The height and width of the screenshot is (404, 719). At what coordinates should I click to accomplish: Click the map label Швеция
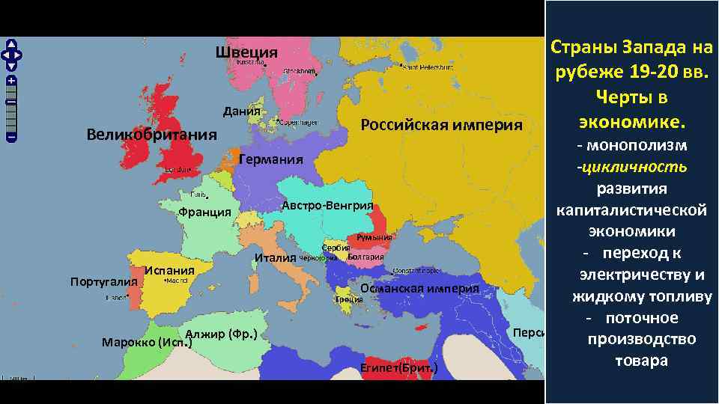(x=246, y=52)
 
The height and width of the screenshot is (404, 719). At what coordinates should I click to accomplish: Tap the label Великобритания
(x=151, y=135)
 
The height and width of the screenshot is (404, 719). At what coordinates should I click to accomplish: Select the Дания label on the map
(x=242, y=111)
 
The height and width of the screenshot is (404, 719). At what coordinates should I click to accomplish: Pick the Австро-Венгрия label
(x=328, y=206)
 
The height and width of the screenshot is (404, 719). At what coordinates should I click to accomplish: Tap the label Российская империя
(x=442, y=124)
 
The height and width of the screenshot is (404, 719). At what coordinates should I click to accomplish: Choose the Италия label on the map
(x=275, y=258)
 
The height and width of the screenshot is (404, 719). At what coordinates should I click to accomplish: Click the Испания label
(x=170, y=270)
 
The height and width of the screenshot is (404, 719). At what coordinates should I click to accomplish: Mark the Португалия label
(x=103, y=282)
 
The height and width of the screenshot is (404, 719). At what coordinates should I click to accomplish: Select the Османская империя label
(x=419, y=289)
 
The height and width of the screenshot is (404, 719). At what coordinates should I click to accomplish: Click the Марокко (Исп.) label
(x=148, y=343)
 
